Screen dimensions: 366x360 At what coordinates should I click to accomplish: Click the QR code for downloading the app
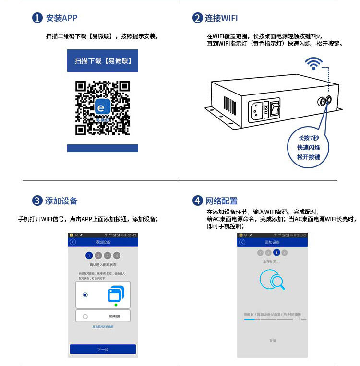point(103,108)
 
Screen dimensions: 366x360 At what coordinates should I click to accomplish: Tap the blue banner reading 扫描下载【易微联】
point(103,61)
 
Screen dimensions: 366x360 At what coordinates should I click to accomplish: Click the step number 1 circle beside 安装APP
point(37,18)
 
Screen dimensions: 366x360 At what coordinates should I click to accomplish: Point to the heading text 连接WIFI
point(221,18)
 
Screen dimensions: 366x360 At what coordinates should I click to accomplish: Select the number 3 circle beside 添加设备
point(37,201)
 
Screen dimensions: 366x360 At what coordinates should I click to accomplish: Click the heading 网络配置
point(221,201)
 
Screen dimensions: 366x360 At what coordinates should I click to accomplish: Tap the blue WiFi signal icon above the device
point(314,63)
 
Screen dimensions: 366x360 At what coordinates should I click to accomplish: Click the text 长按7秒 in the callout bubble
point(308,138)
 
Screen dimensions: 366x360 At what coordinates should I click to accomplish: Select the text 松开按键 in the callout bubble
point(308,157)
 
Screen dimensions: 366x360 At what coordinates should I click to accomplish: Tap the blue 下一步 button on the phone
point(103,349)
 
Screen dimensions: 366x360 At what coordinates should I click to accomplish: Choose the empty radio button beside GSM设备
point(85,316)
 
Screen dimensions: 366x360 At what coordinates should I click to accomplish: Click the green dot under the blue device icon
point(116,305)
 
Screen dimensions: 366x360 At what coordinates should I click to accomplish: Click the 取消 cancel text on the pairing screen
point(272,341)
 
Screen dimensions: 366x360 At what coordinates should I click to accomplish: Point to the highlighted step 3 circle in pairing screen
point(276,252)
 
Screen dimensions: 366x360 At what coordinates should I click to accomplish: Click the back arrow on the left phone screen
point(73,242)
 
